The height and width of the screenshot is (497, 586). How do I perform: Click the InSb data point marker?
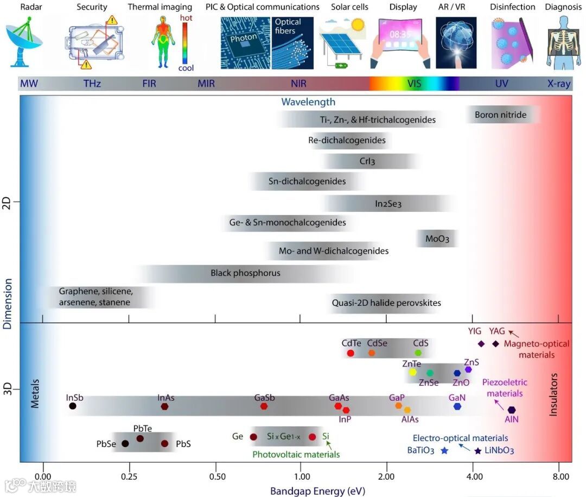73,406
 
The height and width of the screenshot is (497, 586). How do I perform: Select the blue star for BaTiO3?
445,450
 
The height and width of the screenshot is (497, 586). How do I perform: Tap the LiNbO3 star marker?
477,450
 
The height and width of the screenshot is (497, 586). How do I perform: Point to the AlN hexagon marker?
512,410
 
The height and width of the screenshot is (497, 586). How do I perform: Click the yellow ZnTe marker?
412,372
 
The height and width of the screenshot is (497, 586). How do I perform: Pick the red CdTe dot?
351,353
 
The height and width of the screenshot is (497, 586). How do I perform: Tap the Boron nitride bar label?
500,115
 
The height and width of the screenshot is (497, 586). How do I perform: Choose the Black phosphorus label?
245,273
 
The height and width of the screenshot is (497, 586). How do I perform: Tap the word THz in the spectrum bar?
92,84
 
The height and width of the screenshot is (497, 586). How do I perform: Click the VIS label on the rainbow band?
414,84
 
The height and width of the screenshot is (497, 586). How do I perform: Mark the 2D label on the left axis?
7,203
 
